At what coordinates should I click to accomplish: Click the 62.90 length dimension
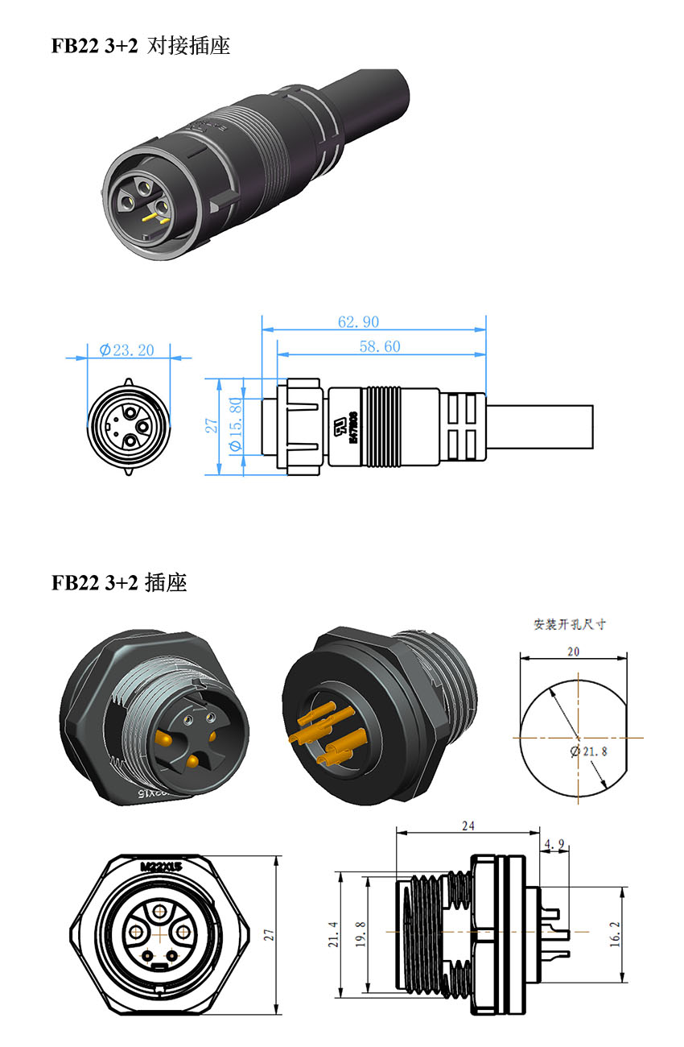click(x=358, y=322)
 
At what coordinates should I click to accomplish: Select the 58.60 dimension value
click(x=380, y=346)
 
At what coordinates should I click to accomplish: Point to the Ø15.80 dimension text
click(x=236, y=424)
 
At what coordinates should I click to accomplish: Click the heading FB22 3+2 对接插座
click(x=141, y=46)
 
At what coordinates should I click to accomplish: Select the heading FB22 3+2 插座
click(x=119, y=582)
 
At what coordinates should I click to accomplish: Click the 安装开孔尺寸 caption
click(x=570, y=624)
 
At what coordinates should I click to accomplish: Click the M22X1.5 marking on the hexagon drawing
click(x=162, y=867)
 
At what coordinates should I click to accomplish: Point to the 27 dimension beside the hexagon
click(x=270, y=935)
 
